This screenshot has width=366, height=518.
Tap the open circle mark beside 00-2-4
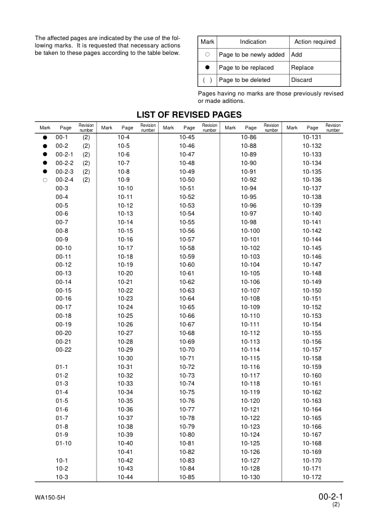(x=45, y=180)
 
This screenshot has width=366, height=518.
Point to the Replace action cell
(x=302, y=68)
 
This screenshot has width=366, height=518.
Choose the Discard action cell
(x=301, y=80)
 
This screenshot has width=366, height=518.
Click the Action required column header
(x=315, y=42)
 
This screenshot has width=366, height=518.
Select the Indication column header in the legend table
(x=253, y=42)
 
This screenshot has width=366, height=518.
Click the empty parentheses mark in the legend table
(x=207, y=80)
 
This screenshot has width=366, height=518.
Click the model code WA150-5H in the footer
(x=50, y=497)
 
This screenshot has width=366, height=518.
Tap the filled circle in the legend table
(x=207, y=68)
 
